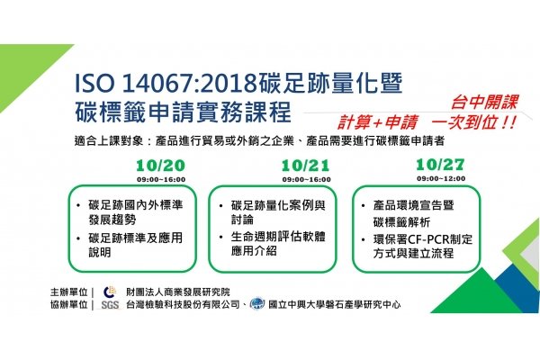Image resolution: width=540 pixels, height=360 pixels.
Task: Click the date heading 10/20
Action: pyautogui.click(x=160, y=166)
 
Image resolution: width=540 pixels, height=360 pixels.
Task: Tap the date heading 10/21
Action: pyautogui.click(x=305, y=166)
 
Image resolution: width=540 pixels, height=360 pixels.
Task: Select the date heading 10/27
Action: pyautogui.click(x=440, y=165)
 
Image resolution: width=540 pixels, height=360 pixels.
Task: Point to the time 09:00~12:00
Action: pyautogui.click(x=441, y=178)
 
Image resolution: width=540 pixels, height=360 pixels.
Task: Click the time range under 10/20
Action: pyautogui.click(x=161, y=179)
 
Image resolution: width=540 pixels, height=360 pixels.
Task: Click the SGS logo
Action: pyautogui.click(x=110, y=305)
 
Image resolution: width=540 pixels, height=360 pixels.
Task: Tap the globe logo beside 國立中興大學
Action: pyautogui.click(x=257, y=303)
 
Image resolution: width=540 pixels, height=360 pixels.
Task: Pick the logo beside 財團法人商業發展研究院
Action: pyautogui.click(x=110, y=292)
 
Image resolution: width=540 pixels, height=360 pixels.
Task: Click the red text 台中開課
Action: pyautogui.click(x=484, y=103)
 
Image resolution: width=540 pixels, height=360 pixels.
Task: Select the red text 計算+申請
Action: pyautogui.click(x=377, y=122)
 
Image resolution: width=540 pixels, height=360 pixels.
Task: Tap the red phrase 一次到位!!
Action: pyautogui.click(x=474, y=122)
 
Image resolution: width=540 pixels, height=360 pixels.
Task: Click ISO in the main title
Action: pyautogui.click(x=94, y=83)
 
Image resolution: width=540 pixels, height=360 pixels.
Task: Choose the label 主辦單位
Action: pyautogui.click(x=69, y=292)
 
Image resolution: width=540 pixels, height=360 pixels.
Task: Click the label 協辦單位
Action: pyautogui.click(x=69, y=305)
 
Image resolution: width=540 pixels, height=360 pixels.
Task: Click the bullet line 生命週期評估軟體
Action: pyautogui.click(x=278, y=237)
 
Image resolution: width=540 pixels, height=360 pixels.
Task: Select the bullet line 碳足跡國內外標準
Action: pyautogui.click(x=136, y=205)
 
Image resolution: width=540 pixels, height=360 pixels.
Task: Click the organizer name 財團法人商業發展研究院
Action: pyautogui.click(x=177, y=292)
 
